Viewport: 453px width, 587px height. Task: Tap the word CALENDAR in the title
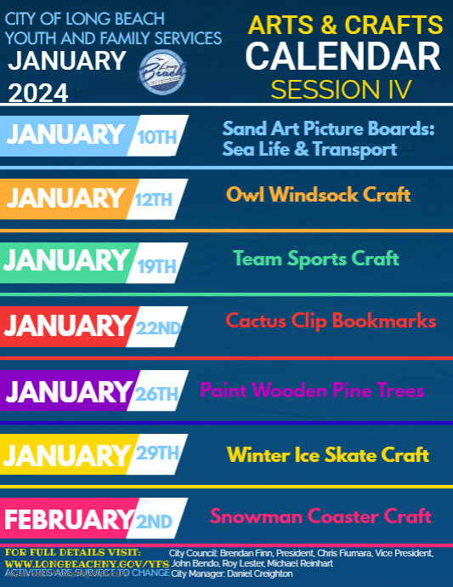pyautogui.click(x=343, y=57)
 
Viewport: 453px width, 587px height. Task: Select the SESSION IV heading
pyautogui.click(x=341, y=88)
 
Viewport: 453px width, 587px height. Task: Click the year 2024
pyautogui.click(x=40, y=92)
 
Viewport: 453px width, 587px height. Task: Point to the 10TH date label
pyautogui.click(x=156, y=135)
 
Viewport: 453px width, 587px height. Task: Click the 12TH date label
pyautogui.click(x=154, y=200)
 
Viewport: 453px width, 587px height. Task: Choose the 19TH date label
pyautogui.click(x=156, y=265)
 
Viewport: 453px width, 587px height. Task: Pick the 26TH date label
pyautogui.click(x=157, y=393)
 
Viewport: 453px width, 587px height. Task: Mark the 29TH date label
pyautogui.click(x=158, y=453)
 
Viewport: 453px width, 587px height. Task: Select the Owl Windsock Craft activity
pyautogui.click(x=319, y=195)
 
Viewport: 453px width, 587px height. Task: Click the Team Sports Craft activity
pyautogui.click(x=316, y=258)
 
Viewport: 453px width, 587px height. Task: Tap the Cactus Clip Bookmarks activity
pyautogui.click(x=331, y=321)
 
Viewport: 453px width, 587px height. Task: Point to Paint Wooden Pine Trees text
pyautogui.click(x=312, y=391)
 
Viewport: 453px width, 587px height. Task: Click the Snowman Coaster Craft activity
pyautogui.click(x=321, y=516)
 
